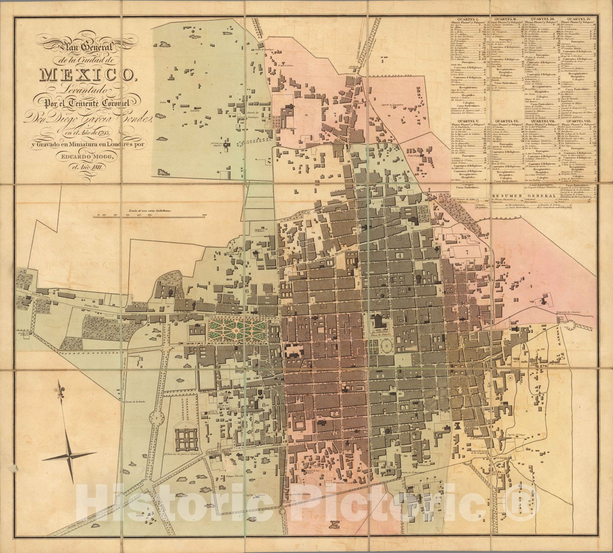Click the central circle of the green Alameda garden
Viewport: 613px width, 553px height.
pos(237,330)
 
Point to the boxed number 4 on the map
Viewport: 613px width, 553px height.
pos(400,255)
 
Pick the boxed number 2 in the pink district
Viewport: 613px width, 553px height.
pos(334,413)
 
